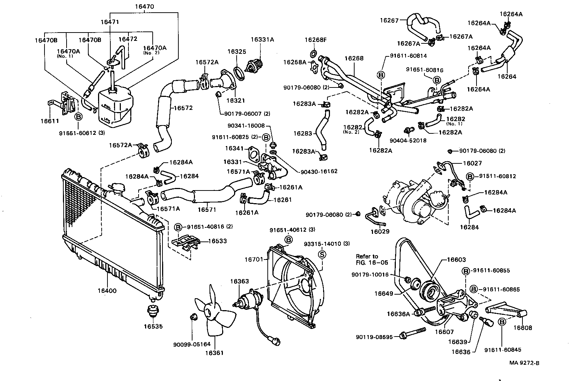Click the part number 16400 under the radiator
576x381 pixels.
pos(107,290)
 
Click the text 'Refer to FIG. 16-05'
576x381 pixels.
pos(367,260)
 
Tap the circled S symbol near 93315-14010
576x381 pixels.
pos(321,254)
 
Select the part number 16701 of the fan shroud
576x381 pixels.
pos(255,259)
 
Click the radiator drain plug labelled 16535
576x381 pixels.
pos(153,312)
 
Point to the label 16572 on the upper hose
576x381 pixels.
pos(183,108)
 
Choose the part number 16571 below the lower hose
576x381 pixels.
pos(207,209)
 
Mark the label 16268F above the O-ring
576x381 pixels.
pos(315,40)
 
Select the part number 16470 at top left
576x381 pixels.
pos(145,7)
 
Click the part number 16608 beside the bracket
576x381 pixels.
pos(523,328)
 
